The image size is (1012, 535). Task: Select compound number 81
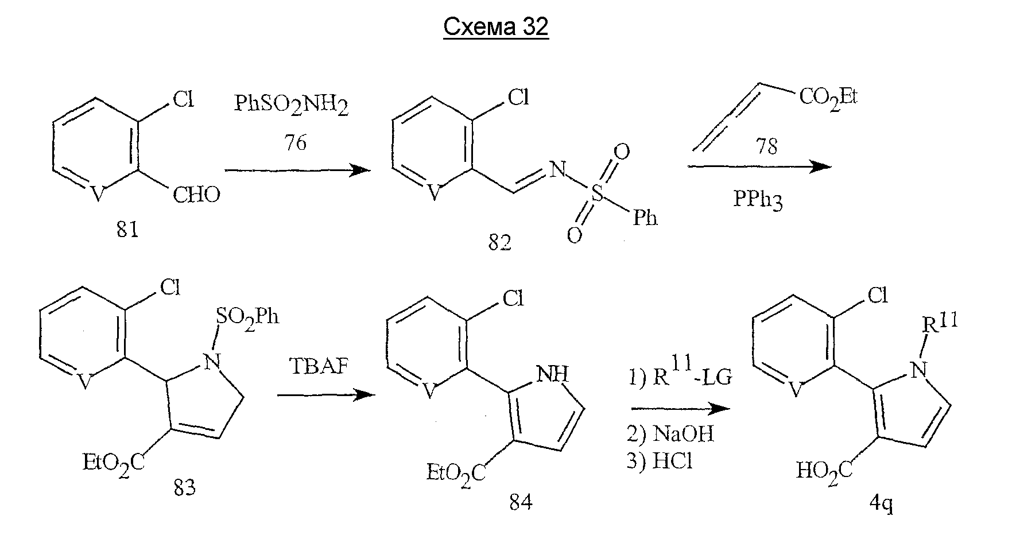pos(127,230)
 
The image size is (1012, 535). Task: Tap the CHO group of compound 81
pos(196,195)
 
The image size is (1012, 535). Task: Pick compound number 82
pos(500,243)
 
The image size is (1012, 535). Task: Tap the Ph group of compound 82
pos(644,218)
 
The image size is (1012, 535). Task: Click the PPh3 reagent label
pos(758,200)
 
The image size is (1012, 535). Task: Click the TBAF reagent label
pos(320,366)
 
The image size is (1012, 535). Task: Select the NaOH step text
pos(670,433)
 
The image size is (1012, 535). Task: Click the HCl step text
pos(659,461)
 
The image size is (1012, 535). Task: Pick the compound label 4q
pos(881,505)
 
